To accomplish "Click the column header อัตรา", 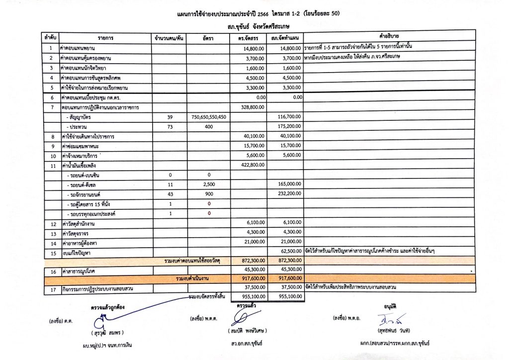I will click(x=208, y=38).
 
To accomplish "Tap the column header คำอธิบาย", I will click(x=390, y=38).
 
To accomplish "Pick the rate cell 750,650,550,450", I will click(x=208, y=117).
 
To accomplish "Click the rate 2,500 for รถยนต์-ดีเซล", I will click(x=208, y=184).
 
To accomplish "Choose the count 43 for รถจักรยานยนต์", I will click(x=170, y=194).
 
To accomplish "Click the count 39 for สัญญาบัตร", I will click(x=170, y=117).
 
